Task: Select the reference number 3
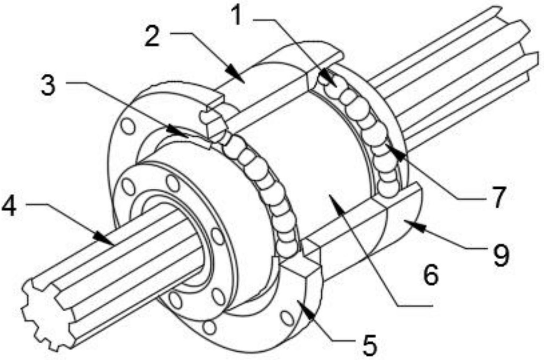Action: click(48, 85)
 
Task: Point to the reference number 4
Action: click(9, 206)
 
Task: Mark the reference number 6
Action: click(431, 274)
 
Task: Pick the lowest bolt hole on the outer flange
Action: click(209, 327)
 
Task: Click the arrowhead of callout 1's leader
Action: click(329, 79)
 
